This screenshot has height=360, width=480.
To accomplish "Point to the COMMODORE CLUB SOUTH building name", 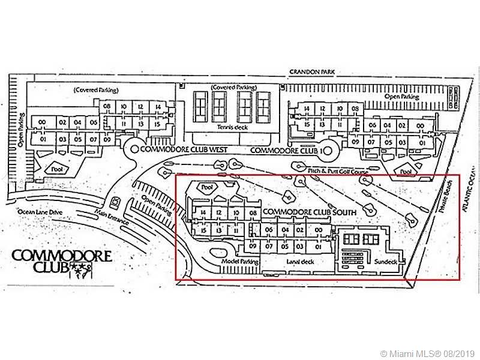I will click(310, 212).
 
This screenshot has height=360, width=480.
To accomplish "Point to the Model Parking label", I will click(239, 262).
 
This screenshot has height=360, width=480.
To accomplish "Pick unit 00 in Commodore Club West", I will click(43, 122).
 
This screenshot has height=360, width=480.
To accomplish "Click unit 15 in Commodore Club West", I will click(157, 124).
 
